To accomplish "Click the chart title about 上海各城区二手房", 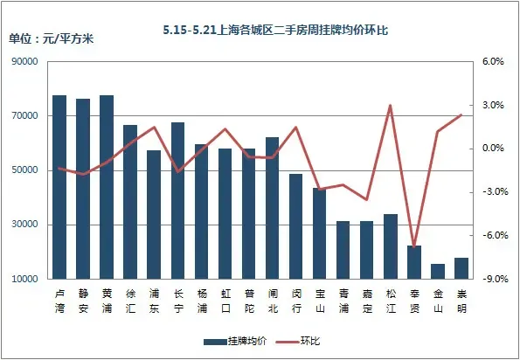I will click(274, 30).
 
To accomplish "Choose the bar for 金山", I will click(438, 271).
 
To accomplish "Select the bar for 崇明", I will click(461, 268).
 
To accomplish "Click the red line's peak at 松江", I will click(390, 106).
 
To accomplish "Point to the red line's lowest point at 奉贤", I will click(414, 246).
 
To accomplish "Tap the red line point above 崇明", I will click(461, 114).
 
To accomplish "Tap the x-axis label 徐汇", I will click(130, 301).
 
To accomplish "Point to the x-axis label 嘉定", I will click(367, 301).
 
